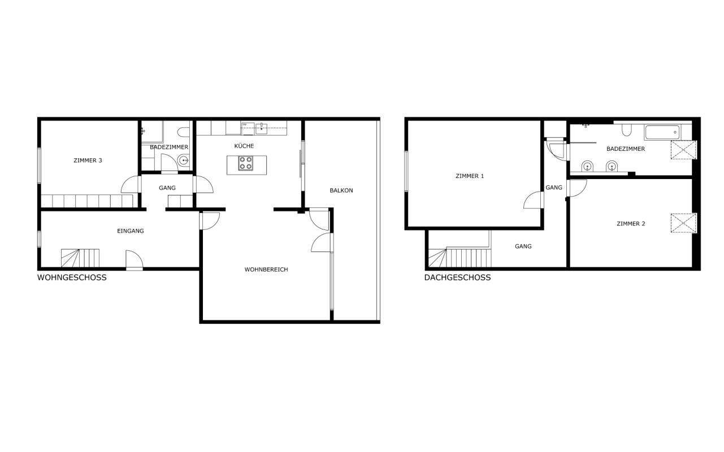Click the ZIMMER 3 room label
click(88, 160)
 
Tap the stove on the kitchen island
click(245, 163)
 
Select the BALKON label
click(341, 190)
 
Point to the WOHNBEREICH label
click(266, 270)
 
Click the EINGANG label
click(130, 231)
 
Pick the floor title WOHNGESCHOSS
click(72, 277)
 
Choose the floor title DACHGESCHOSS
click(457, 277)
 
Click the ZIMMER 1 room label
click(470, 176)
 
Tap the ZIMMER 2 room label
click(631, 224)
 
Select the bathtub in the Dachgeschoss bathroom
click(662, 132)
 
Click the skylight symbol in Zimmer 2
click(684, 223)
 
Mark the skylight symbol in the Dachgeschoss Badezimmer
click(684, 150)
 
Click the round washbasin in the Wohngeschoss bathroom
click(184, 160)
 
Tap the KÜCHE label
click(244, 146)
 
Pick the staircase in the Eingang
click(80, 258)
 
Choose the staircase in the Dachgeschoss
click(460, 258)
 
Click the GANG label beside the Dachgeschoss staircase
click(523, 246)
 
